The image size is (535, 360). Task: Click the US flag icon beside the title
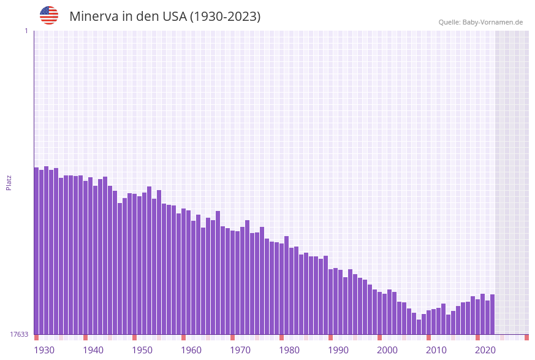tap(49, 15)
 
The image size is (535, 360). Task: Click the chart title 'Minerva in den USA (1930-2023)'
tap(165, 17)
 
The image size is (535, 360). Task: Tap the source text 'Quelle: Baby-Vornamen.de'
tap(480, 22)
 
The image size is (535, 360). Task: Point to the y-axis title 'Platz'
tap(9, 183)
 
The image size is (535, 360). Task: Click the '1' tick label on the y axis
tap(26, 31)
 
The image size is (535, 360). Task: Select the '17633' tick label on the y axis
tap(19, 334)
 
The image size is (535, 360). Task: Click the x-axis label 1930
tap(44, 350)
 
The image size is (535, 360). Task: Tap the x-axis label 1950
tap(142, 350)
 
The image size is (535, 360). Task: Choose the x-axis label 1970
tap(240, 350)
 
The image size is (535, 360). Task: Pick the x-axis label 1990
tap(338, 350)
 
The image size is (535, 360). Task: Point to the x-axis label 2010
tap(436, 350)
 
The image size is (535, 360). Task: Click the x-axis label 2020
tap(485, 350)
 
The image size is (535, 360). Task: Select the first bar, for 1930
tap(36, 251)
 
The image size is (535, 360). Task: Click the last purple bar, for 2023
tap(492, 314)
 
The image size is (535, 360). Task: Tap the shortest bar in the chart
tap(419, 327)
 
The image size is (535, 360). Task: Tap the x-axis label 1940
tap(93, 350)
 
